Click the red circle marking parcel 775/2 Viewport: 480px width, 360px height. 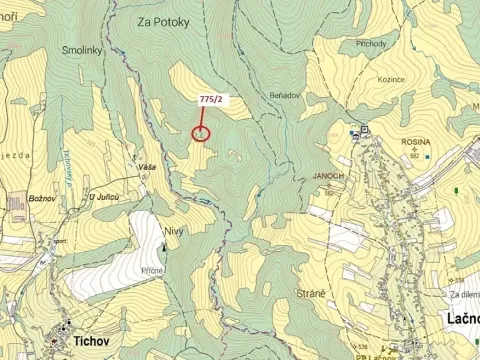pyautogui.click(x=201, y=133)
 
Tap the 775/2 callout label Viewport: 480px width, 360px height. pyautogui.click(x=211, y=99)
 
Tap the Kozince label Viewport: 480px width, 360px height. pyautogui.click(x=391, y=77)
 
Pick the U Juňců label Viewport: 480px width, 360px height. pyautogui.click(x=104, y=197)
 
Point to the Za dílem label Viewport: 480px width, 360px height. pyautogui.click(x=464, y=295)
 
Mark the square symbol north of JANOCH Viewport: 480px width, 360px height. pyautogui.click(x=364, y=129)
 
